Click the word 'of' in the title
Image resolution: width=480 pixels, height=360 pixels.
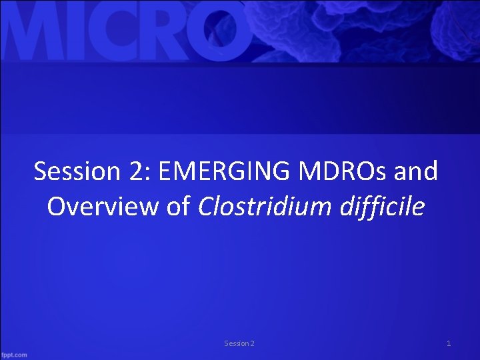pyautogui.click(x=177, y=207)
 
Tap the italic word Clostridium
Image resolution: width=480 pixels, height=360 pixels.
pyautogui.click(x=263, y=207)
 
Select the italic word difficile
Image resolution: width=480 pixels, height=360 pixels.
pyautogui.click(x=381, y=207)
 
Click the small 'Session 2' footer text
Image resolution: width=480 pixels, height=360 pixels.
pyautogui.click(x=239, y=343)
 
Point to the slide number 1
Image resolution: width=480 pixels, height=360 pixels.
pyautogui.click(x=449, y=343)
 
